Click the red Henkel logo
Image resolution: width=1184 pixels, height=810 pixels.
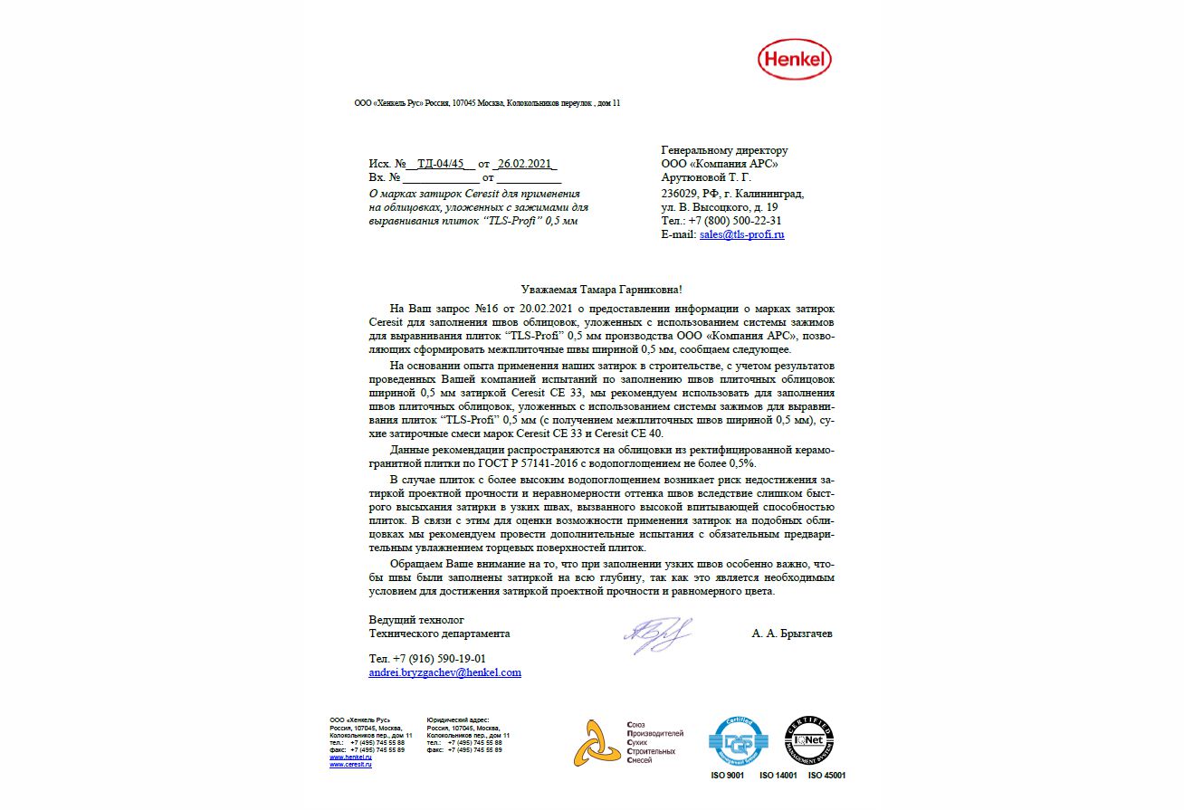click(793, 60)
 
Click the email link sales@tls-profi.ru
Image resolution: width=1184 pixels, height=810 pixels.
click(741, 234)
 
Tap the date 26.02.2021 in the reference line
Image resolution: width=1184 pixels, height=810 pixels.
click(525, 164)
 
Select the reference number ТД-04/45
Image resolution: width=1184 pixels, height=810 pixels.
click(441, 164)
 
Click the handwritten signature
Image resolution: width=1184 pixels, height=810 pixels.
click(656, 634)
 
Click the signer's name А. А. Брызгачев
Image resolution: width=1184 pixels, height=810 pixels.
click(791, 634)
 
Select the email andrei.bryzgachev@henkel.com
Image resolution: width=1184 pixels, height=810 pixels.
click(444, 672)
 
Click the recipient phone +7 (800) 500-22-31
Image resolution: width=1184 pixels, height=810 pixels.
click(736, 220)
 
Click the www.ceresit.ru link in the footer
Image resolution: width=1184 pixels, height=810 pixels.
click(350, 765)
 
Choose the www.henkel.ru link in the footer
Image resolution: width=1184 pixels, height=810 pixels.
click(350, 758)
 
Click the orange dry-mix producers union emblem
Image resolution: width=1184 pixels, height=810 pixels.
click(597, 744)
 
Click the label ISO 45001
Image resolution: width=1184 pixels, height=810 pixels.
click(826, 776)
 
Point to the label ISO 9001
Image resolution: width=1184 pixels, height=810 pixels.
click(727, 776)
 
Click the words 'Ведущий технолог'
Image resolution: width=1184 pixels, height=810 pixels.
click(415, 620)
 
